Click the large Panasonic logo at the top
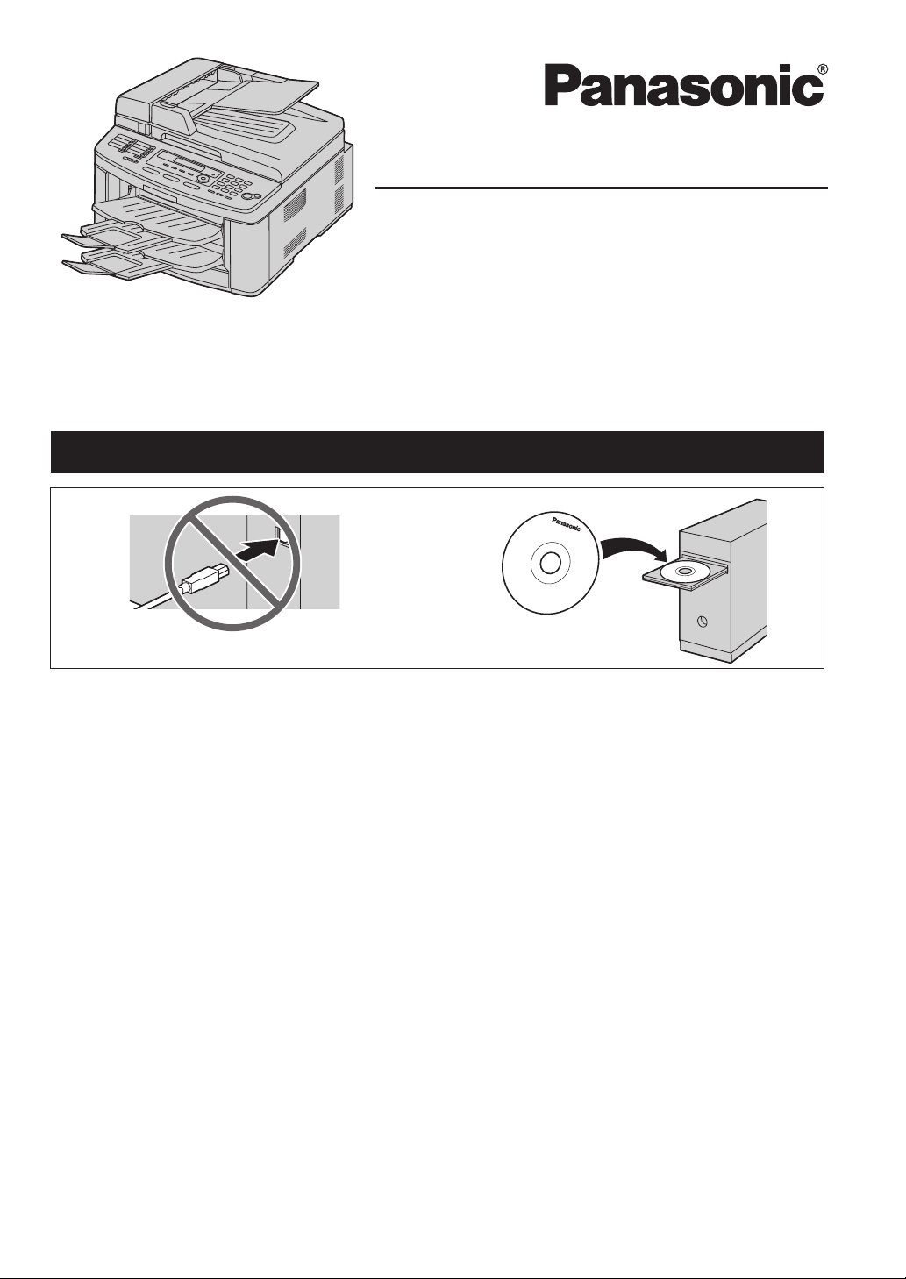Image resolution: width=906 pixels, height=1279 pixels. point(683,85)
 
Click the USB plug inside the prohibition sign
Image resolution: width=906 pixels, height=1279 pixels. point(204,579)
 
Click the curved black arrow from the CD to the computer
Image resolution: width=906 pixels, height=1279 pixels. point(634,548)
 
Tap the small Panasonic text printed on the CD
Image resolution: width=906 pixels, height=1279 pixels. point(566,523)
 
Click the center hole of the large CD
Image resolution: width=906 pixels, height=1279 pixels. point(550,565)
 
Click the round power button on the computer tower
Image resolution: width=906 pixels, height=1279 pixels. point(703,622)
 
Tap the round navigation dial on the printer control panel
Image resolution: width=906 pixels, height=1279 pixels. point(202,179)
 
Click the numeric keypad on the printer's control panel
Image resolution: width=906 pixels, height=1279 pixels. point(232,185)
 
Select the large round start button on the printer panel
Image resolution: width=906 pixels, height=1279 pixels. point(249,196)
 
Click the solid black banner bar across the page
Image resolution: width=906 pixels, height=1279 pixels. point(438,451)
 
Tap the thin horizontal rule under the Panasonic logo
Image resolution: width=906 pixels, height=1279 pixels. point(602,188)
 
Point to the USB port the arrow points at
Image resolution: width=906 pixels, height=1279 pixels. point(279,532)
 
